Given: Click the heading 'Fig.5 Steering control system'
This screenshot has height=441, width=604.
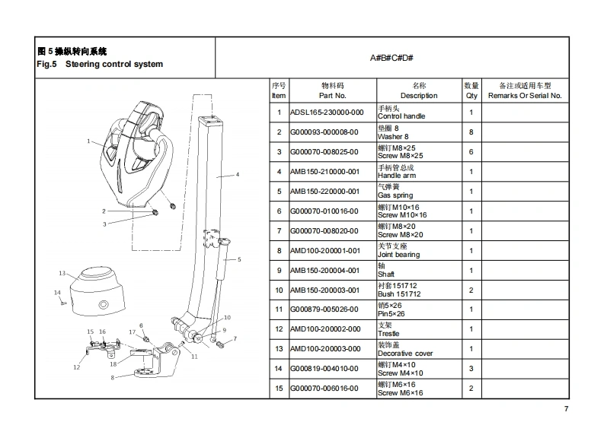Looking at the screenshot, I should (x=100, y=64).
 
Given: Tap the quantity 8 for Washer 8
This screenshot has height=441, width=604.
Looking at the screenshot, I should (x=471, y=132).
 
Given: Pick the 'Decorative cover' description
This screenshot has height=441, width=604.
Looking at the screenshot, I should (x=405, y=353).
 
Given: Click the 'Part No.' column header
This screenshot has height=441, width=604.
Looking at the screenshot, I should (x=332, y=96).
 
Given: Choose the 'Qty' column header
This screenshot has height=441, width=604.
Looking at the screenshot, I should (x=471, y=96).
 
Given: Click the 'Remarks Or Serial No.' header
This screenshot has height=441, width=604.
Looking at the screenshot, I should (x=524, y=96).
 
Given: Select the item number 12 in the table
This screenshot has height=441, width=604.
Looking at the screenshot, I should (x=279, y=329).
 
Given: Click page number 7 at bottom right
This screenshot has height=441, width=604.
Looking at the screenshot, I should (x=565, y=410).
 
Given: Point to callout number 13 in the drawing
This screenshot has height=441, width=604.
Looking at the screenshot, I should (x=62, y=273).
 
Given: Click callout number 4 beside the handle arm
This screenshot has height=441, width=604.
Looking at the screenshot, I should (x=237, y=175).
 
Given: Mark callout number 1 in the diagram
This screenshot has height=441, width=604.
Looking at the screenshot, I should (x=88, y=141).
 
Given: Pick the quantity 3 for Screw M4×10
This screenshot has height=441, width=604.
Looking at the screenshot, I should (x=471, y=369).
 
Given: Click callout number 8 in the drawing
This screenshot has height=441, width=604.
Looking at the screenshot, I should (x=112, y=377).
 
